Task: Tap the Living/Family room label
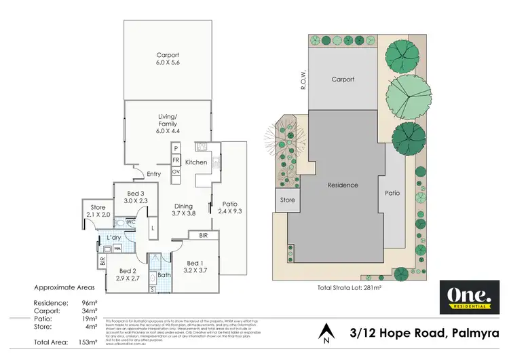coord(167,124)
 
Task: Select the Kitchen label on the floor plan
coord(196,162)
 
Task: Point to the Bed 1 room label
coord(194,266)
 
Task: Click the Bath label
coord(164,275)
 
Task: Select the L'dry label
coord(115,238)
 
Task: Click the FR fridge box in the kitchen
coord(175,160)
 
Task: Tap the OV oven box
coord(175,172)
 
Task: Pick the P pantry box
coord(175,148)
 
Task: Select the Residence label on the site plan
coord(342,185)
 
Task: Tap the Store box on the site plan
coord(288,200)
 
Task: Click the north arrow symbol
coord(328,332)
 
